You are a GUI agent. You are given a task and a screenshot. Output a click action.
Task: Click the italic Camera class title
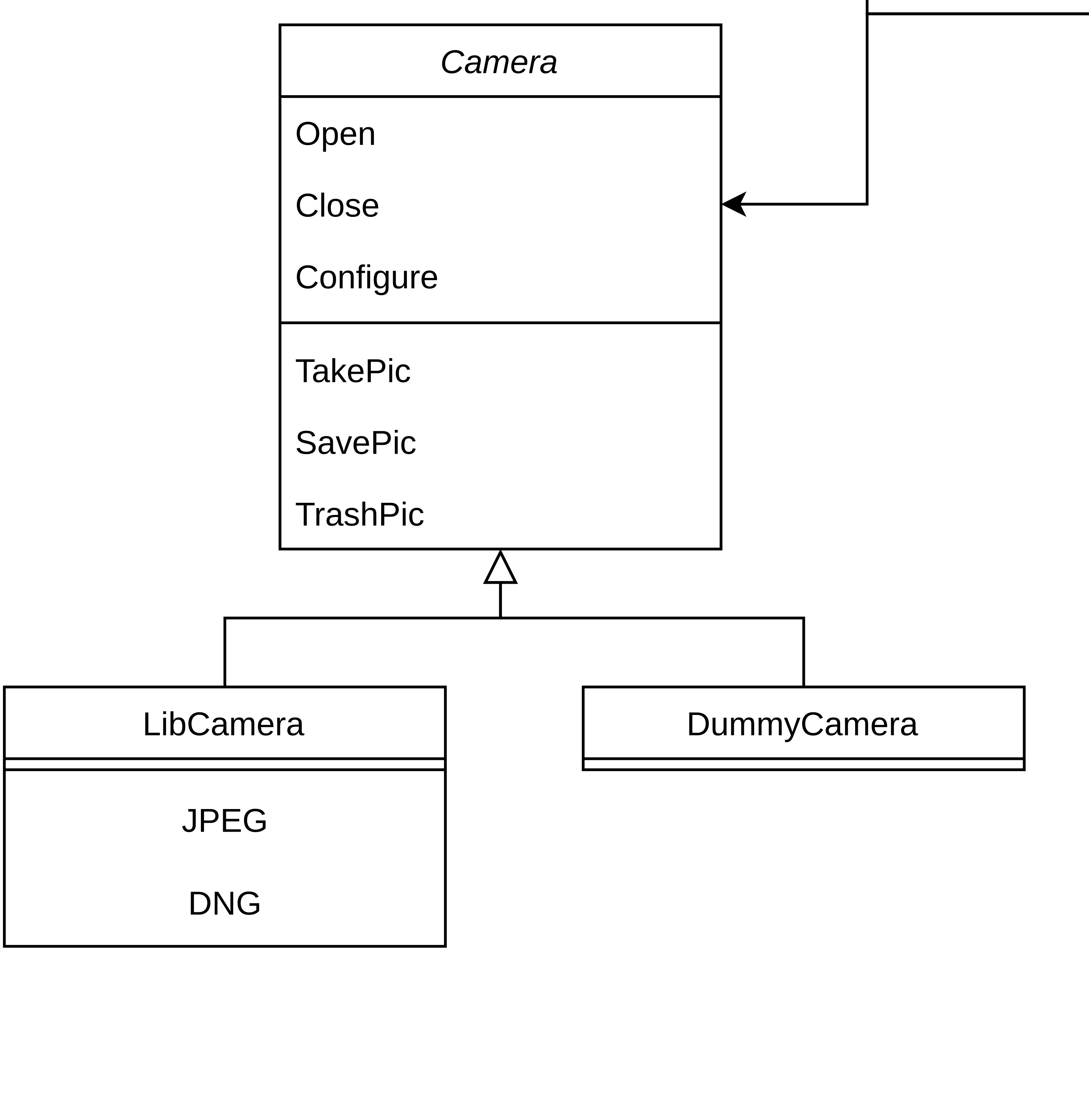click(498, 62)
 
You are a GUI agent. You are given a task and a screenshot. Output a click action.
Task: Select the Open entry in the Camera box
click(336, 134)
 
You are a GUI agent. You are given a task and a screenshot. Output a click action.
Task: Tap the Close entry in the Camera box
click(337, 206)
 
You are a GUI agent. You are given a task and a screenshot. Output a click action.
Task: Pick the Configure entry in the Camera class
click(366, 277)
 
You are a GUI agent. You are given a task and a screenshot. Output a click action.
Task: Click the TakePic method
click(352, 371)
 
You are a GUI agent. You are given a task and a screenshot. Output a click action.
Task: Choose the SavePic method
click(355, 443)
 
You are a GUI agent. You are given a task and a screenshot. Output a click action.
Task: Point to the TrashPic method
click(359, 514)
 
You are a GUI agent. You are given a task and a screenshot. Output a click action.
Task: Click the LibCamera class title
click(224, 725)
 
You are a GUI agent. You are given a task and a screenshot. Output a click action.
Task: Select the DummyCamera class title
click(802, 725)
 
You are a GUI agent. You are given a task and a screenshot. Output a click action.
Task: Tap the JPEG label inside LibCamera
click(224, 821)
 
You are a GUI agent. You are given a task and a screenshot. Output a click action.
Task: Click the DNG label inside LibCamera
click(224, 903)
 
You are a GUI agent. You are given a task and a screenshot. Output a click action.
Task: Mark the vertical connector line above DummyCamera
click(804, 652)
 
